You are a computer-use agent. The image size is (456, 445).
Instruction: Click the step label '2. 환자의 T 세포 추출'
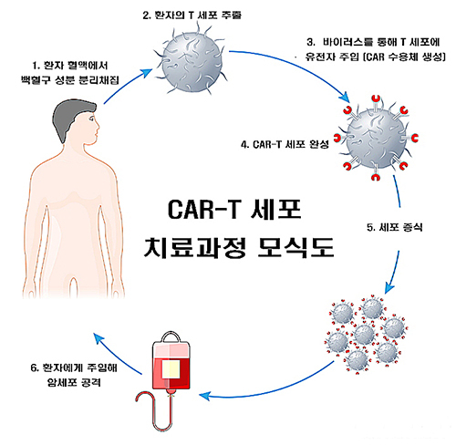[192, 16]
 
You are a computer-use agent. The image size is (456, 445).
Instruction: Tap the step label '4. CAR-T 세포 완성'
[285, 144]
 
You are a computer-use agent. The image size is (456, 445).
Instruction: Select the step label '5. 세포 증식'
[395, 227]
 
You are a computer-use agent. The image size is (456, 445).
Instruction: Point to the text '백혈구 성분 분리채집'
[69, 80]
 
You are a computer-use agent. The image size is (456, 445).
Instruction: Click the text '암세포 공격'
[74, 382]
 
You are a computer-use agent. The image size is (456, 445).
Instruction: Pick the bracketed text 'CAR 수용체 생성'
[404, 57]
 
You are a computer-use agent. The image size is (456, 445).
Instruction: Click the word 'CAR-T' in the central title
[204, 210]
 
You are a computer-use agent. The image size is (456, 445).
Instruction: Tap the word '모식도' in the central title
[295, 247]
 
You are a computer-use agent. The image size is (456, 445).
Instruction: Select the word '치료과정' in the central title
[195, 247]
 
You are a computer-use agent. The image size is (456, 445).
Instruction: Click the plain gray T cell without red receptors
[192, 61]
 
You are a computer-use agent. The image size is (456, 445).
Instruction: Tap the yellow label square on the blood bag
[171, 369]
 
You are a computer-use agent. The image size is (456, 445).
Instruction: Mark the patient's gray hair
[71, 117]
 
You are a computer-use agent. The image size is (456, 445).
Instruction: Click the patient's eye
[92, 118]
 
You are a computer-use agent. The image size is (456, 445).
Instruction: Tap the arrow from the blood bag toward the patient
[116, 353]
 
